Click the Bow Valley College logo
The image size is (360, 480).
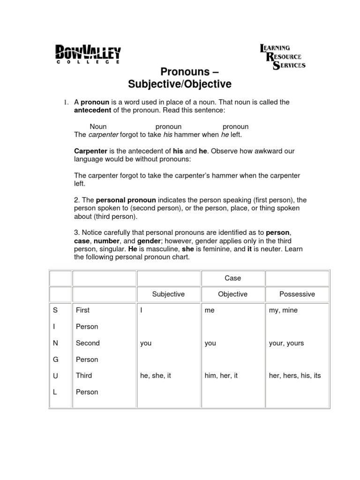click(x=88, y=54)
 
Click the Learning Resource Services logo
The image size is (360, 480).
click(x=283, y=57)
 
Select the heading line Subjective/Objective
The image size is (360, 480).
click(x=180, y=84)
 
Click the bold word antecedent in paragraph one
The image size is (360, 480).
click(x=93, y=110)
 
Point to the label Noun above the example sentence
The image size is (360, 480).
click(x=98, y=127)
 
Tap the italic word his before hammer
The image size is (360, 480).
click(x=168, y=135)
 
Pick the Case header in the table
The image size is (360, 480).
click(x=232, y=278)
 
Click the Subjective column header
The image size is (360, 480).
click(x=168, y=294)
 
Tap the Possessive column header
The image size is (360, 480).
click(x=297, y=294)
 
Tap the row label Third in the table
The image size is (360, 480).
click(x=84, y=375)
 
